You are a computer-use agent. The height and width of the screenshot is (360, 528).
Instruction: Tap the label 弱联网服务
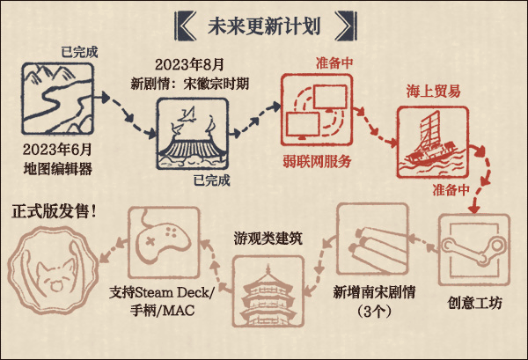317,161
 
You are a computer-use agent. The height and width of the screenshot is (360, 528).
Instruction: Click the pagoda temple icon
268,291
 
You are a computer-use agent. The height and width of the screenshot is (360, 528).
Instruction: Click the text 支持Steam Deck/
165,292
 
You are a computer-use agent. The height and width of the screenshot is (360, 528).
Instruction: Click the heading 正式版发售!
55,211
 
